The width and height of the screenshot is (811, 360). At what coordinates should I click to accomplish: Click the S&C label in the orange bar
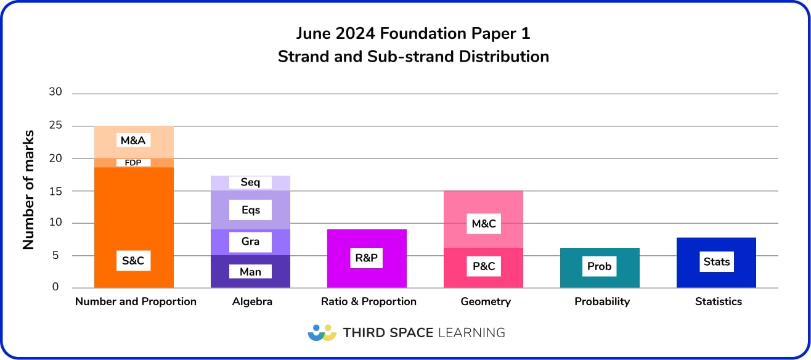pyautogui.click(x=133, y=261)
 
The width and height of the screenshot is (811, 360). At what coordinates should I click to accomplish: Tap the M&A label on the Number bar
pyautogui.click(x=133, y=141)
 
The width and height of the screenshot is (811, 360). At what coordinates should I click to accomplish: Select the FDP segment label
pyautogui.click(x=133, y=163)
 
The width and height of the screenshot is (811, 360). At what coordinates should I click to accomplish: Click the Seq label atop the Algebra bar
pyautogui.click(x=250, y=182)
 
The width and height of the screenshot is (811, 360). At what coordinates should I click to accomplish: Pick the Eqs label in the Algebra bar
pyautogui.click(x=250, y=210)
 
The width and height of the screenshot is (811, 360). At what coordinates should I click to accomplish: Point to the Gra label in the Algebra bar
pyautogui.click(x=250, y=241)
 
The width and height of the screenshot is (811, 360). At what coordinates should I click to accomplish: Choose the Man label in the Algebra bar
pyautogui.click(x=250, y=271)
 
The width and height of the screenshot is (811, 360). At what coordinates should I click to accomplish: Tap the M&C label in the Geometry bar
pyautogui.click(x=484, y=224)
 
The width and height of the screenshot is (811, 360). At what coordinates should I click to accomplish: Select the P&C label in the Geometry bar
pyautogui.click(x=484, y=266)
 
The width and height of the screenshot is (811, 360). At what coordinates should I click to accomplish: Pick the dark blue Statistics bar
pyautogui.click(x=716, y=277)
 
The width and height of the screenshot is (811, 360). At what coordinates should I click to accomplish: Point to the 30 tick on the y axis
pyautogui.click(x=55, y=92)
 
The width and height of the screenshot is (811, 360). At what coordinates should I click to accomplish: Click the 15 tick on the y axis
pyautogui.click(x=55, y=190)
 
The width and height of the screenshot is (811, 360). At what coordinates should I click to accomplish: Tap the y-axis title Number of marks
pyautogui.click(x=28, y=190)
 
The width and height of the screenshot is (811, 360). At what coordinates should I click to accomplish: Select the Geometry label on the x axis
pyautogui.click(x=486, y=301)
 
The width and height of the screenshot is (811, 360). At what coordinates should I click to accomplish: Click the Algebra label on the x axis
pyautogui.click(x=252, y=301)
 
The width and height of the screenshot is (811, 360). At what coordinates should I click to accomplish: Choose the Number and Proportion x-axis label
pyautogui.click(x=136, y=301)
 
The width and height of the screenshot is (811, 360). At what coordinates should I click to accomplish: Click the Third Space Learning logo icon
pyautogui.click(x=322, y=332)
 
